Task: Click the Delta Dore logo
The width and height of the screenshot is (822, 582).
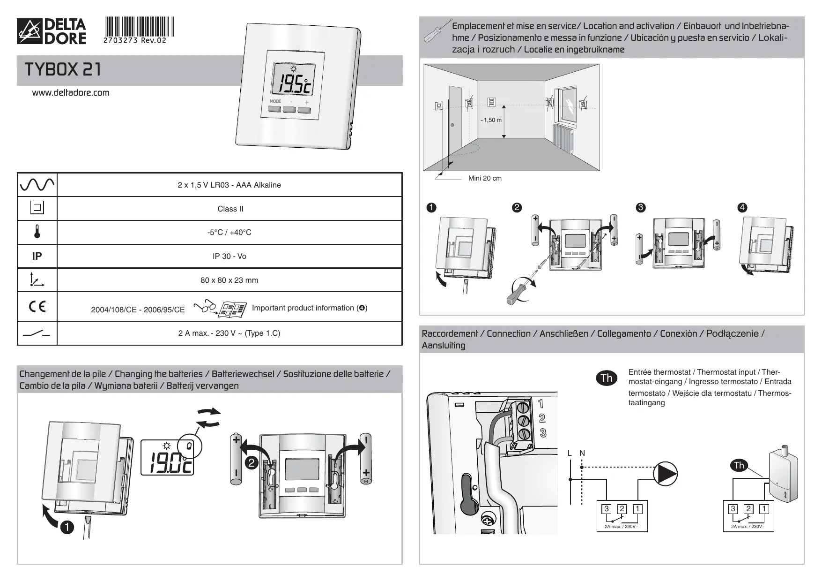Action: tap(52, 31)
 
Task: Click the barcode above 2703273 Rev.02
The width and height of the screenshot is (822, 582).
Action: tap(139, 26)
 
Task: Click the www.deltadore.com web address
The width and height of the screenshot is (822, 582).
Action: tap(70, 93)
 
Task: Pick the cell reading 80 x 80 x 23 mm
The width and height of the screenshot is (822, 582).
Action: tap(229, 280)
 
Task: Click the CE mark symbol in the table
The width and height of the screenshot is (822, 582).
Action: tap(37, 307)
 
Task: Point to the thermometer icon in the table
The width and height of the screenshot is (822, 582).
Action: tap(37, 232)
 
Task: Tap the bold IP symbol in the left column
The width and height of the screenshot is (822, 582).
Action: tap(37, 256)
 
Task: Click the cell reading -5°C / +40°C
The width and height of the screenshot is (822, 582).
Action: tap(229, 233)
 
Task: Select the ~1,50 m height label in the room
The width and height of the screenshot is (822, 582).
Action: tap(490, 120)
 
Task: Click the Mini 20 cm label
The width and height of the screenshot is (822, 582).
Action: tap(485, 179)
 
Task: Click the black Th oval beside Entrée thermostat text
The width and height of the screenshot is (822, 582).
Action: tap(607, 378)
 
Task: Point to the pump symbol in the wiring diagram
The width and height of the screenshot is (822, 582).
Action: tap(666, 474)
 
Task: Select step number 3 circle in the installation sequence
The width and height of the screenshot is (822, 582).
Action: tap(640, 208)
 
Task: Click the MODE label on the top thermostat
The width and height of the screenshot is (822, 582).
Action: tap(275, 101)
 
